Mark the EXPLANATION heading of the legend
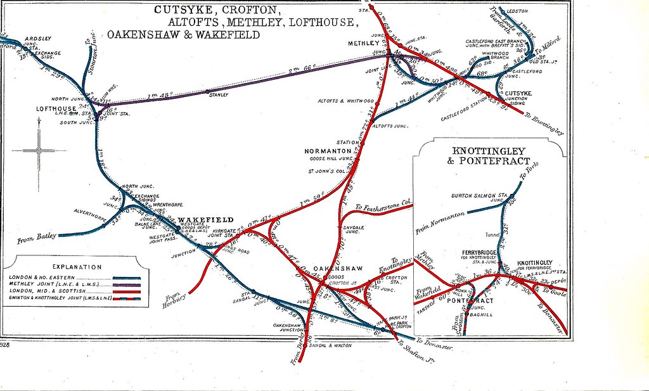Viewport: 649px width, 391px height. click(x=77, y=267)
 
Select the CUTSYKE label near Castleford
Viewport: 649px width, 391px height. click(x=519, y=93)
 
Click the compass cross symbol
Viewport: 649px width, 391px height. click(x=38, y=151)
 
